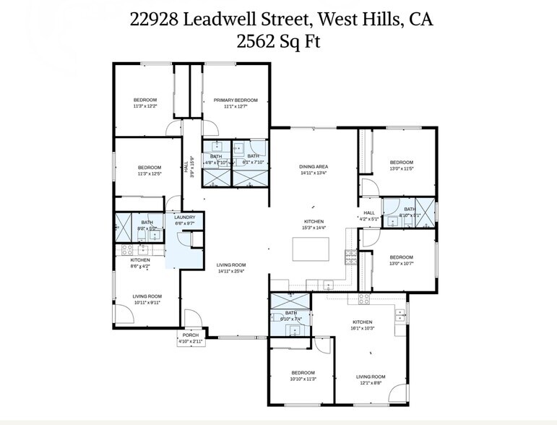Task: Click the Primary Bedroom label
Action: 236,100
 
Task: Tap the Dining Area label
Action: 314,166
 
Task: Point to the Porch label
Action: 191,335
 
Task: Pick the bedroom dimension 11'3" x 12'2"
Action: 144,106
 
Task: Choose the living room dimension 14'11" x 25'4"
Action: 231,271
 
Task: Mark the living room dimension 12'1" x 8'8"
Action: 371,383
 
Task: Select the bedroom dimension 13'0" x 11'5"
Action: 401,168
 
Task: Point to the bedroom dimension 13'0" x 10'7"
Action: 401,264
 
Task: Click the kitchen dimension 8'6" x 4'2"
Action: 140,266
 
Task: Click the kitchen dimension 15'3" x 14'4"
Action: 314,228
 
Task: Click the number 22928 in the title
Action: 155,20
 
